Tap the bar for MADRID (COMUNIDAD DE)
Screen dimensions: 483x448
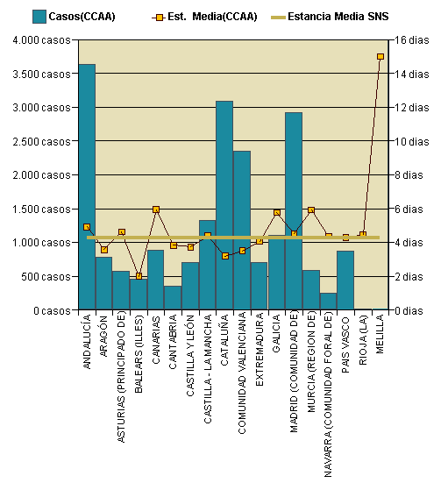tap(294, 210)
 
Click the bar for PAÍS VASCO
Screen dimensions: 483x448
tap(345, 281)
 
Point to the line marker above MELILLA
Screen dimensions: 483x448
tap(380, 56)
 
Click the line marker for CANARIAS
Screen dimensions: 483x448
tap(156, 210)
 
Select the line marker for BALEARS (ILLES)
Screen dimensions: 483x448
tap(139, 276)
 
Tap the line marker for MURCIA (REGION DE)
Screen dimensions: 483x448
tap(311, 210)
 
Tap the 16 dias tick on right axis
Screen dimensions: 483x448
tap(409, 40)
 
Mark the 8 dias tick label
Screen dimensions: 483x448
tap(409, 175)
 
